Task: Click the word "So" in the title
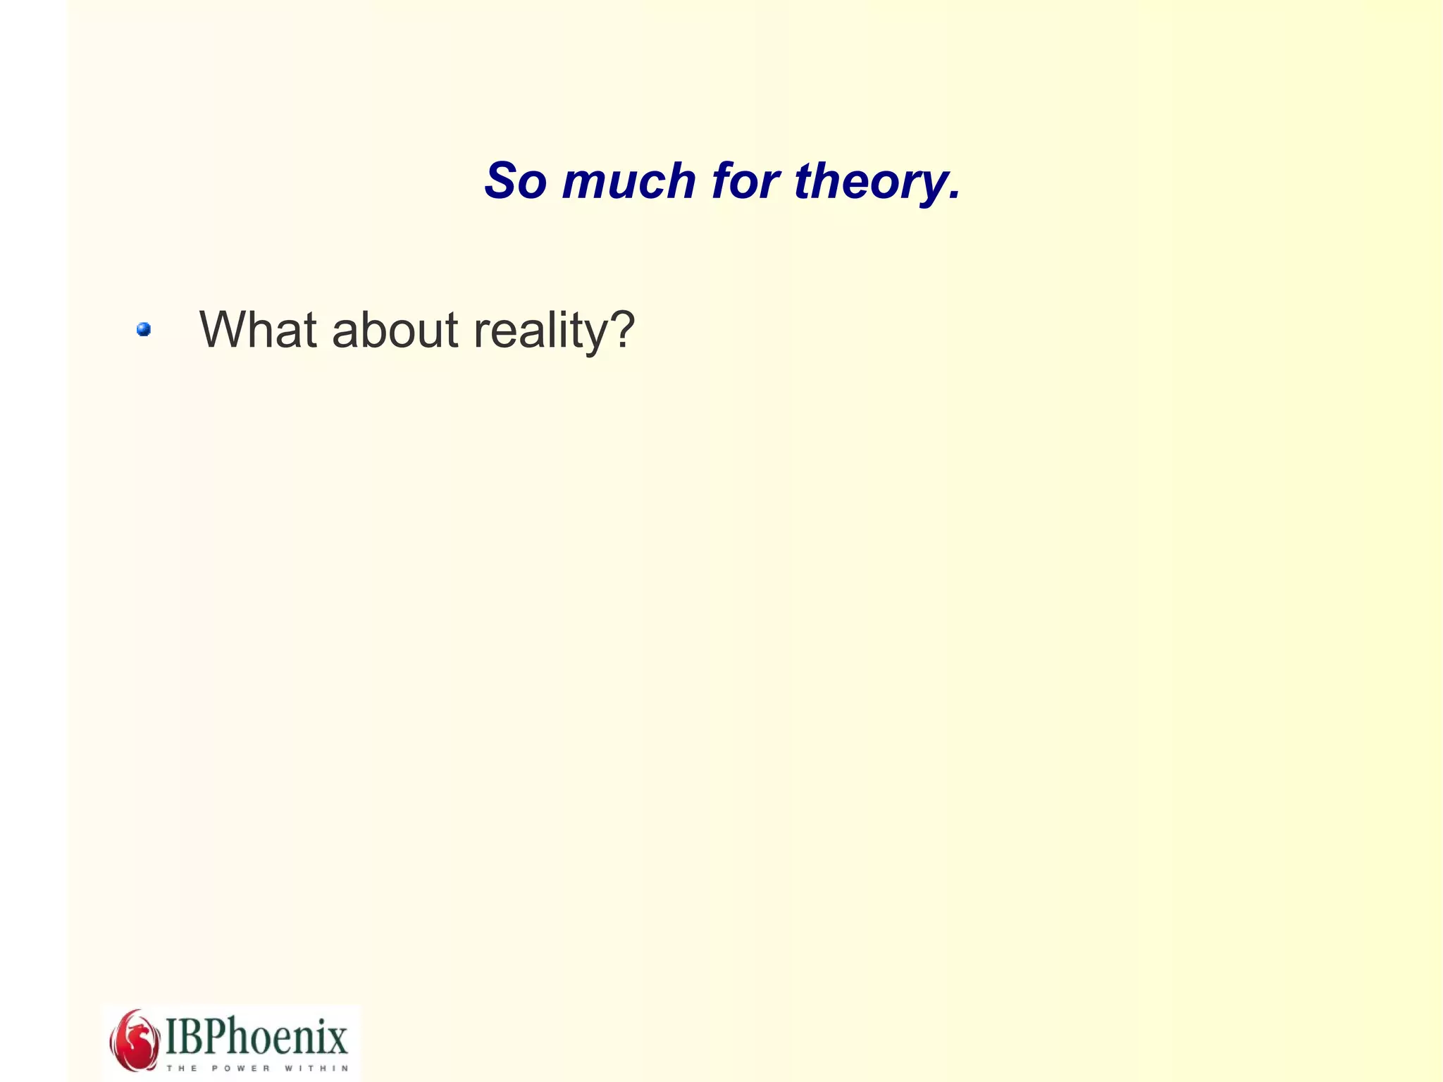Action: coord(515,181)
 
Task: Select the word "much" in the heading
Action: coord(628,181)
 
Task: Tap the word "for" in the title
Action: coord(745,181)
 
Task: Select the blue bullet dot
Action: coord(144,329)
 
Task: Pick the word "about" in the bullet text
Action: coord(395,329)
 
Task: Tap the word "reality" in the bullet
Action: coord(538,331)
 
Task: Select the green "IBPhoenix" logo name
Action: coord(256,1036)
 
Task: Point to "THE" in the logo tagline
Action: coord(182,1068)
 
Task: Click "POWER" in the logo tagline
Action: coord(241,1068)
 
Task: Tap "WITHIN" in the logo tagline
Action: coord(316,1068)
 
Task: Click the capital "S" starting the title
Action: coord(500,181)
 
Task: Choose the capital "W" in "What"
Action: coord(224,329)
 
